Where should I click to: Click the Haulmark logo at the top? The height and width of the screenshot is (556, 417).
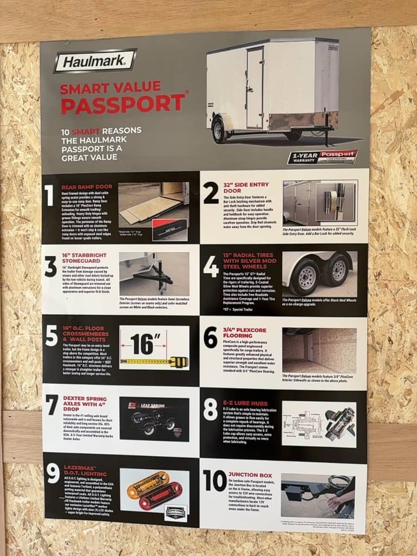(94, 61)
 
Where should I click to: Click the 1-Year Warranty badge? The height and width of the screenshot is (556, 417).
(323, 157)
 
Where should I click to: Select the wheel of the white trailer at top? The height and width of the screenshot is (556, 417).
(220, 130)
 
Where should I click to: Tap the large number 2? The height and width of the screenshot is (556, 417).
(211, 194)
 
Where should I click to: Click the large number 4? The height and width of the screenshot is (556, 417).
(211, 267)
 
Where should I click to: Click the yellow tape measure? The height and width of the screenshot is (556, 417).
(154, 361)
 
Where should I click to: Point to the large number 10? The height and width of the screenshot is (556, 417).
(214, 481)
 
